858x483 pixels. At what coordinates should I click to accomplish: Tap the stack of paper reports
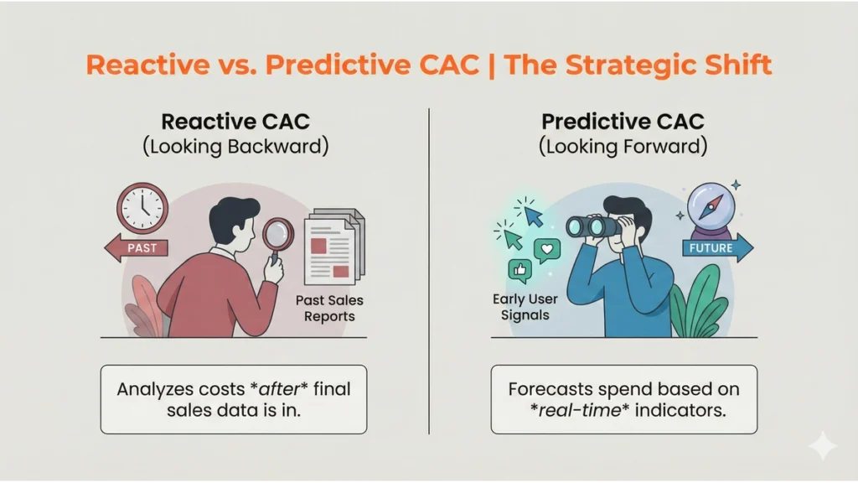click(334, 245)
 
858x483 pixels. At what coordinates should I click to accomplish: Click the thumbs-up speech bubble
click(519, 270)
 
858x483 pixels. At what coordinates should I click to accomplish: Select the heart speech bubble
click(547, 250)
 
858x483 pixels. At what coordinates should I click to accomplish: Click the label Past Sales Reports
click(330, 308)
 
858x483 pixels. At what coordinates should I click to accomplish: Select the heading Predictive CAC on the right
click(623, 121)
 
